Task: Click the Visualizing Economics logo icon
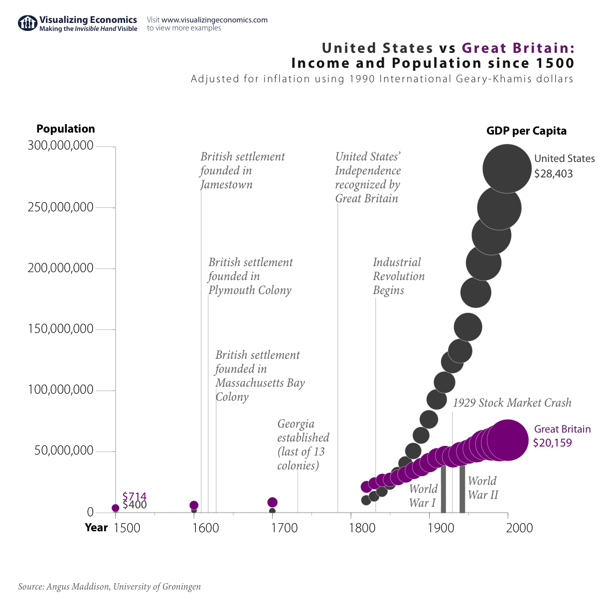pyautogui.click(x=27, y=23)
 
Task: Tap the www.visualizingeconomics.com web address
pyautogui.click(x=214, y=20)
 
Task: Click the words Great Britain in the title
pyautogui.click(x=518, y=48)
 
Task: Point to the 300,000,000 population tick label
pyautogui.click(x=61, y=146)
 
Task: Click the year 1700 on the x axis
pyautogui.click(x=284, y=528)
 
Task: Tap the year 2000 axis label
pyautogui.click(x=519, y=528)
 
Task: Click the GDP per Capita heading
pyautogui.click(x=526, y=131)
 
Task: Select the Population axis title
pyautogui.click(x=65, y=129)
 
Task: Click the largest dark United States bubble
pyautogui.click(x=507, y=168)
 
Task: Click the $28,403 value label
pyautogui.click(x=553, y=174)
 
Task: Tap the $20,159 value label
pyautogui.click(x=552, y=443)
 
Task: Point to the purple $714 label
pyautogui.click(x=134, y=496)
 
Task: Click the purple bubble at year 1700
pyautogui.click(x=272, y=502)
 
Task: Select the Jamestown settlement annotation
pyautogui.click(x=242, y=170)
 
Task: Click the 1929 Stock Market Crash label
pyautogui.click(x=512, y=403)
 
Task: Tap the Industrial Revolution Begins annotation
pyautogui.click(x=398, y=276)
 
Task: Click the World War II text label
pyautogui.click(x=482, y=488)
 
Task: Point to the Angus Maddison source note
pyautogui.click(x=109, y=587)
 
